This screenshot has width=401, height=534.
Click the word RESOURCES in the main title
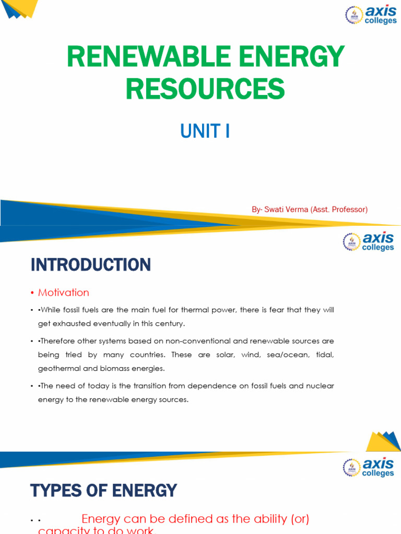tap(205, 88)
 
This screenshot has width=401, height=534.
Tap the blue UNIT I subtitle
tap(205, 131)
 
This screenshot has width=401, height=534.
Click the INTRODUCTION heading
tap(90, 265)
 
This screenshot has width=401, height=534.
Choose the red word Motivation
tap(64, 293)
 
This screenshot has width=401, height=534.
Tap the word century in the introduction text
tap(170, 323)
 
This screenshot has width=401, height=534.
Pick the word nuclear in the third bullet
tap(317, 386)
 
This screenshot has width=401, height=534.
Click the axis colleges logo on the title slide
tap(371, 15)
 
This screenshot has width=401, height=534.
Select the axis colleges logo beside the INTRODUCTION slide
tap(368, 241)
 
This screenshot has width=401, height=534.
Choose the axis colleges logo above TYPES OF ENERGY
tap(368, 467)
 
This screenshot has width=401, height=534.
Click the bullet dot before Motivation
tap(32, 293)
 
